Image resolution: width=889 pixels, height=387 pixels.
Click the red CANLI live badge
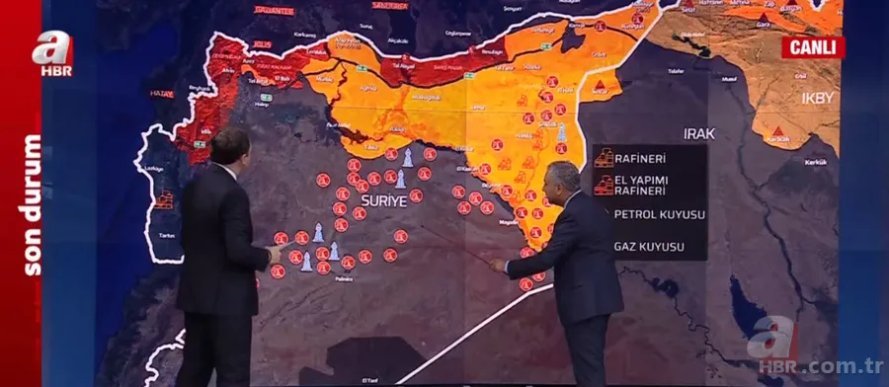tap(813, 46)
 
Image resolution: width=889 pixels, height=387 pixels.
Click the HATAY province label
tap(162, 95)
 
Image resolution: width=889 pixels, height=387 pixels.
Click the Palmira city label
tap(342, 279)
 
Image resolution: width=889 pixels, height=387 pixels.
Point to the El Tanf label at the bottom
tap(369, 378)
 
